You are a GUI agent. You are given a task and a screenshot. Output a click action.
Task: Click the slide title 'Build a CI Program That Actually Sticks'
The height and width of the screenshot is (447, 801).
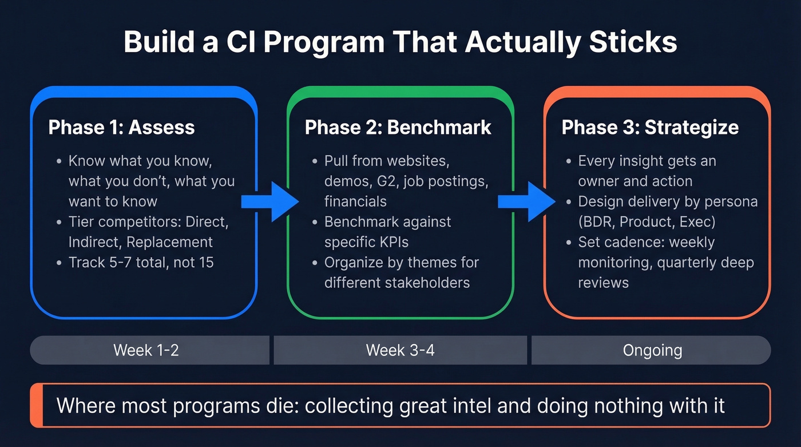400,42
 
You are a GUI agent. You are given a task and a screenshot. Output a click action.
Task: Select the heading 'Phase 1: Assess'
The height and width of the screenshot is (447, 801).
121,127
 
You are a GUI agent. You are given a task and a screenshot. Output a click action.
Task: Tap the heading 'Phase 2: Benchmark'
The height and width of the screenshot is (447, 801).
398,127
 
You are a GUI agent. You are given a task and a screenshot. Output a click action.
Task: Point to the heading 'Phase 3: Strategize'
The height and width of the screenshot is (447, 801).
650,127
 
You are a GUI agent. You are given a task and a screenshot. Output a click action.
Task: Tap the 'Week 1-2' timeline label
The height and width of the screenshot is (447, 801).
146,350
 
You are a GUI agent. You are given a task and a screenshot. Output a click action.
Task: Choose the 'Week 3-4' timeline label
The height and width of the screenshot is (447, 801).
400,350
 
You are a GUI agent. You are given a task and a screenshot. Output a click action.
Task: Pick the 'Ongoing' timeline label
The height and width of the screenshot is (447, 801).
652,350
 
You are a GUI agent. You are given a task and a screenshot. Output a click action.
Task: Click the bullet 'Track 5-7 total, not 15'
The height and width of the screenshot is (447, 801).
141,262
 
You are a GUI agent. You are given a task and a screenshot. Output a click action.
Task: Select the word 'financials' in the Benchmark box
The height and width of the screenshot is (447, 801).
355,201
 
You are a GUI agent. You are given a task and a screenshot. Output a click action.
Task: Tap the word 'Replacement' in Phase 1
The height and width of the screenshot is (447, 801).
169,242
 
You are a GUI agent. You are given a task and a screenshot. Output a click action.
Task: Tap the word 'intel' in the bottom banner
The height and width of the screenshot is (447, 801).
470,406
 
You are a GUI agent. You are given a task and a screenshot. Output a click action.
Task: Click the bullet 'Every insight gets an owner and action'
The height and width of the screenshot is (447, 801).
647,171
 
